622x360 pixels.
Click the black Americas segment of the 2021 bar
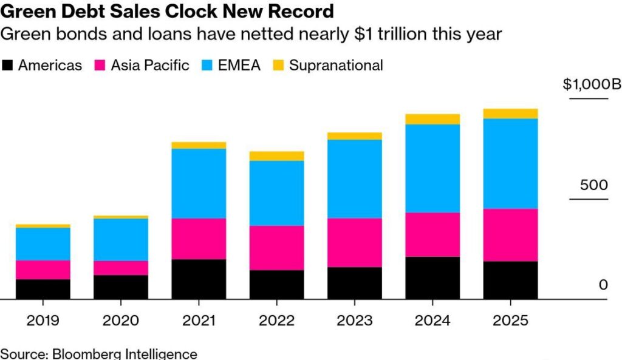tap(199, 279)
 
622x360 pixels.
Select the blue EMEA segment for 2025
tap(511, 163)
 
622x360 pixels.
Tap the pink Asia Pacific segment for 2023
tap(355, 243)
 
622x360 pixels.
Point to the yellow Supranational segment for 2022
tap(277, 156)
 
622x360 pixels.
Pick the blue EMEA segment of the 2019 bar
tap(43, 244)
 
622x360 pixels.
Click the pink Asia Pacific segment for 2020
tap(121, 268)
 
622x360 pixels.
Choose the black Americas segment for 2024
tap(432, 278)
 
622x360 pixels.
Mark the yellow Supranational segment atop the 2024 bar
tap(432, 119)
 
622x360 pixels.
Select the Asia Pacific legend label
tap(150, 66)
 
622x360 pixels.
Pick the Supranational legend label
tap(336, 66)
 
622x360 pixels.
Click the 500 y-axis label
tap(593, 185)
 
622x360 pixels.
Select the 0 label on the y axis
tap(603, 285)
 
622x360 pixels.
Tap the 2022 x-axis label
tap(277, 320)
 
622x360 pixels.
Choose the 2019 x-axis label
tap(43, 320)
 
